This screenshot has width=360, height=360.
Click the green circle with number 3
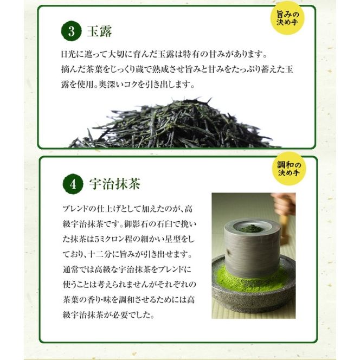point(71,31)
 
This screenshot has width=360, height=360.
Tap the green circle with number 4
point(72,184)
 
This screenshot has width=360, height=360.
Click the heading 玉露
point(99,32)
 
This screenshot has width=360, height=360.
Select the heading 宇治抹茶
point(114,184)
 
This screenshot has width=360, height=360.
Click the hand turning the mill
point(285,204)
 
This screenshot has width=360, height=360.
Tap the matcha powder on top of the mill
point(251,228)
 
